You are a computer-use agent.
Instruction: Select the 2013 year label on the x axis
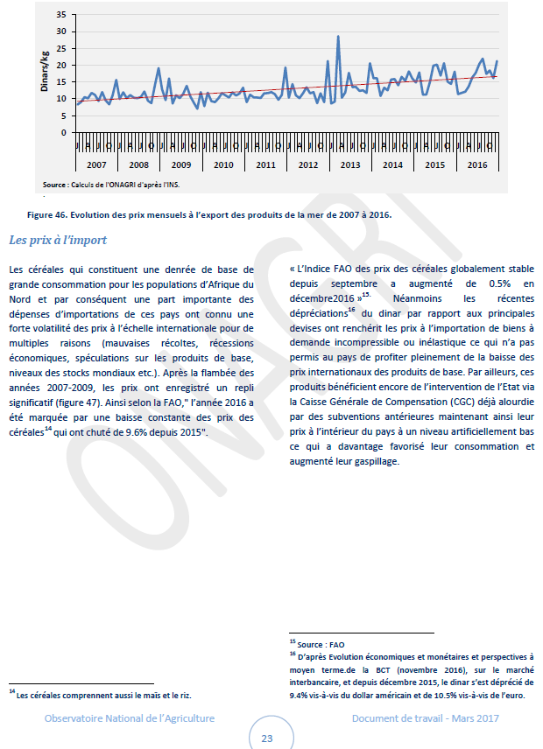[x=349, y=164]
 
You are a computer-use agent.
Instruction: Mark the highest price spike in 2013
[x=338, y=37]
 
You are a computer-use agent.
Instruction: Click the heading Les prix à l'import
[x=58, y=239]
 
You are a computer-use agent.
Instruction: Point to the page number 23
[x=266, y=738]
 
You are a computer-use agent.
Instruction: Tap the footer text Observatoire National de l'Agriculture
[x=130, y=718]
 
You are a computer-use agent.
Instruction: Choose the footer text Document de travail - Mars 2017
[x=424, y=718]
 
